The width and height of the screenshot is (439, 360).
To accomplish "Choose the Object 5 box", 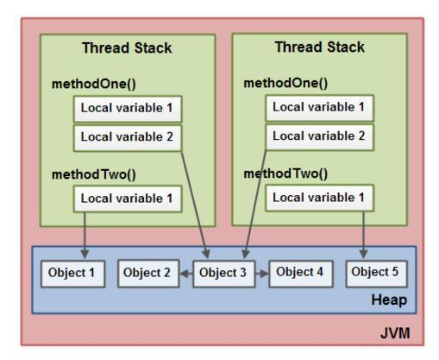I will pos(376,273).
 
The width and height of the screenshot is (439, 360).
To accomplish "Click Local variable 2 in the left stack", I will pos(127,136).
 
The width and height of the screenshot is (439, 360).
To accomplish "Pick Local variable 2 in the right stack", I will pos(318,136).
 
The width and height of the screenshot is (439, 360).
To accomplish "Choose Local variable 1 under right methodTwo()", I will pos(318,198).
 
